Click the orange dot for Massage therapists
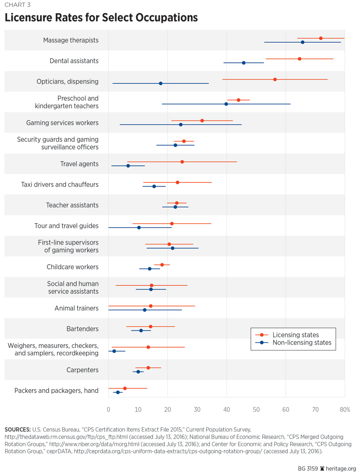click(321, 38)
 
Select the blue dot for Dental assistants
click(243, 63)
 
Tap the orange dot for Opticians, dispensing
click(275, 79)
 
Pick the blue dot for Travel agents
click(128, 166)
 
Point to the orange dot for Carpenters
click(148, 368)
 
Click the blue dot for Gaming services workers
click(181, 125)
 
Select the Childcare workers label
click(72, 267)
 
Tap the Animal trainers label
click(76, 308)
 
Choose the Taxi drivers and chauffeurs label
click(60, 184)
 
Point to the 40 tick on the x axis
click(226, 409)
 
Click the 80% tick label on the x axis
click(345, 409)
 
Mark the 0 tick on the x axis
click(108, 409)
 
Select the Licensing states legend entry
click(295, 335)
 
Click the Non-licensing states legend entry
click(302, 343)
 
